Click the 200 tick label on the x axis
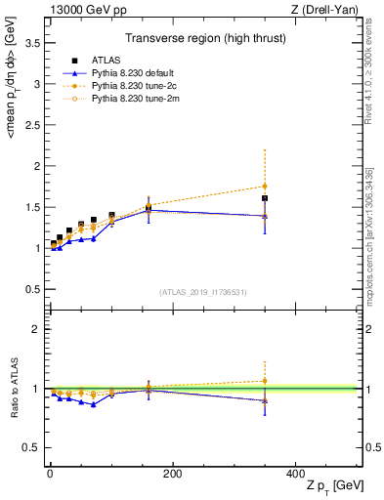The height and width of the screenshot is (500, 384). coord(173,474)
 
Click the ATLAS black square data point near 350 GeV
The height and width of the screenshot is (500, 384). coord(265,198)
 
